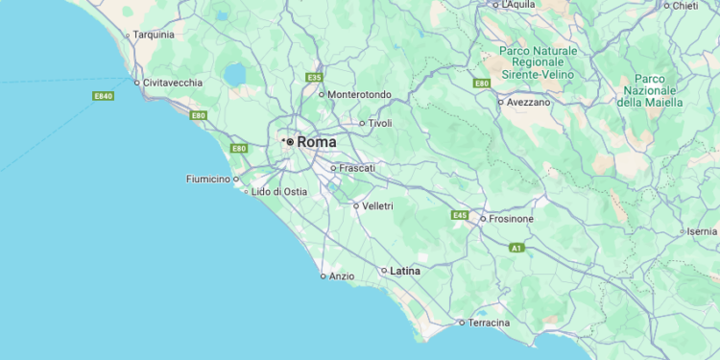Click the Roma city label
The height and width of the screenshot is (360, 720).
pos(317,142)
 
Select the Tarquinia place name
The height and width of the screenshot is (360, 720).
pos(154,35)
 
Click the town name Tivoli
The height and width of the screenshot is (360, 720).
pos(380,123)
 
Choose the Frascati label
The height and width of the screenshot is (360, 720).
pos(357,168)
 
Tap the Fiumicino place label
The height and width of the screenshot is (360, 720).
pos(207,179)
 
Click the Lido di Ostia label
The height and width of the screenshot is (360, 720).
pos(279,192)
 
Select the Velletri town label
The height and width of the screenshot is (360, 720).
pos(377,205)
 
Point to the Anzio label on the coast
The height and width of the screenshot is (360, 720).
pos(342,276)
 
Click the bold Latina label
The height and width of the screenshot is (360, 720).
pos(404,271)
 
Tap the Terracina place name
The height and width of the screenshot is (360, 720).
pos(489,323)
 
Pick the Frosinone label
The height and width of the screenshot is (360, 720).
pos(511,219)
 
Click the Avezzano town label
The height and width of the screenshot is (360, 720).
pos(529,102)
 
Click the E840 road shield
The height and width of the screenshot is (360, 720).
pos(104,96)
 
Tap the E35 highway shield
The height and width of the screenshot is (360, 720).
pos(313,77)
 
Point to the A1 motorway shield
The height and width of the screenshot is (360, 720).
pos(516,248)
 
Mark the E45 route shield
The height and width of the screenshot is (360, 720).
pos(459,216)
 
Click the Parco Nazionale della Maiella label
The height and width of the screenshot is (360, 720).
pos(650,90)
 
